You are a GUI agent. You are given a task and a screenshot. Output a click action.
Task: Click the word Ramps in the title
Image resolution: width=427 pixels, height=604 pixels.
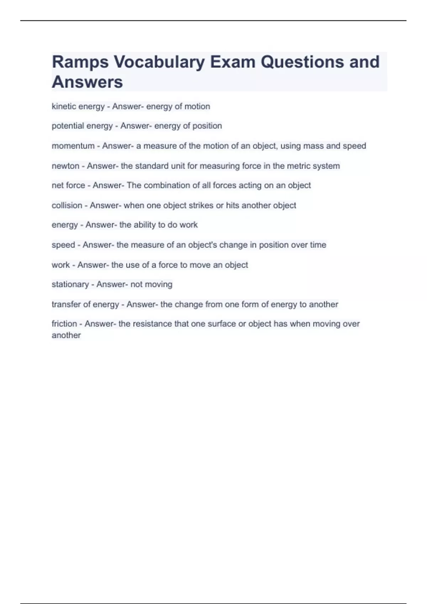[80, 62]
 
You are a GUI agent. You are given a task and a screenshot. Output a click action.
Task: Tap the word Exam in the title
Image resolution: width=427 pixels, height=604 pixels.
[232, 62]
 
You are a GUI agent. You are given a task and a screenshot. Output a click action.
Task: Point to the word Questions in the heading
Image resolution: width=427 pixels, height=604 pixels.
[302, 62]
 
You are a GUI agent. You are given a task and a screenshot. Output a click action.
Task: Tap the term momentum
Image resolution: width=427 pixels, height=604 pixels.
[73, 146]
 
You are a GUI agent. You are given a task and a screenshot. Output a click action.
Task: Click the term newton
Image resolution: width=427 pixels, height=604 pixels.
[65, 166]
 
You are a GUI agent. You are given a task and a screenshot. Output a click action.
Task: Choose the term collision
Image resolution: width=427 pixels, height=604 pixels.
[67, 205]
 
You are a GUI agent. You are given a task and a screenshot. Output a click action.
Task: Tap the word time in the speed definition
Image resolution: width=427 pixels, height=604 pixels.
[318, 245]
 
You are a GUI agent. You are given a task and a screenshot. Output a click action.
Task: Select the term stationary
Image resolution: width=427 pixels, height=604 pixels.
[70, 285]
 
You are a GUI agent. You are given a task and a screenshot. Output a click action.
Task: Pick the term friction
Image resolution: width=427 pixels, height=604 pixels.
[64, 324]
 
